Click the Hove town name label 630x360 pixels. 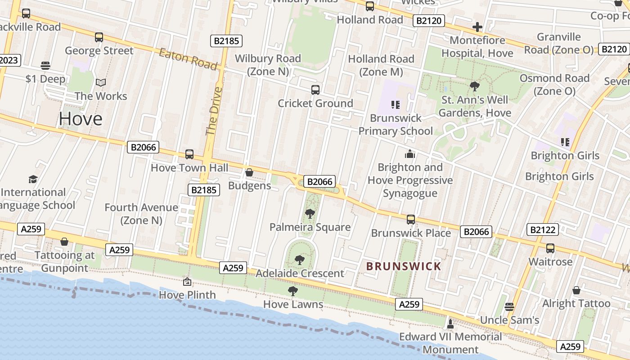pyautogui.click(x=81, y=119)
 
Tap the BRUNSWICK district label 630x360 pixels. pyautogui.click(x=404, y=266)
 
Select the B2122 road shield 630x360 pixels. pyautogui.click(x=543, y=229)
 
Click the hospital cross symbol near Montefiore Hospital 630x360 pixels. pyautogui.click(x=477, y=27)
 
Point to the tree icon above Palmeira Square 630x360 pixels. pyautogui.click(x=310, y=214)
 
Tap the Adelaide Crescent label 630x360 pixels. pyautogui.click(x=300, y=273)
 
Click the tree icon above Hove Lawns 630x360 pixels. pyautogui.click(x=293, y=291)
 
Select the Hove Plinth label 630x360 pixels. pyautogui.click(x=188, y=295)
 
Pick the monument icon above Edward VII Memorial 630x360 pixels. pyautogui.click(x=450, y=324)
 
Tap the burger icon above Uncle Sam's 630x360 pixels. pyautogui.click(x=509, y=307)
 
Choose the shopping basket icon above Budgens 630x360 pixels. pyautogui.click(x=249, y=172)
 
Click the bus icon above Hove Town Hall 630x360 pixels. pyautogui.click(x=189, y=154)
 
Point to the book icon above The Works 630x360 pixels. pyautogui.click(x=101, y=83)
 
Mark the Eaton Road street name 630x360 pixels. pyautogui.click(x=188, y=58)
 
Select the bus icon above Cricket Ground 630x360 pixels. pyautogui.click(x=315, y=90)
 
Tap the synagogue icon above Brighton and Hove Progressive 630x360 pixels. pyautogui.click(x=410, y=154)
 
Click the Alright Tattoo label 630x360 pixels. pyautogui.click(x=576, y=303)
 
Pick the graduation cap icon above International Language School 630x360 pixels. pyautogui.click(x=33, y=180)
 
